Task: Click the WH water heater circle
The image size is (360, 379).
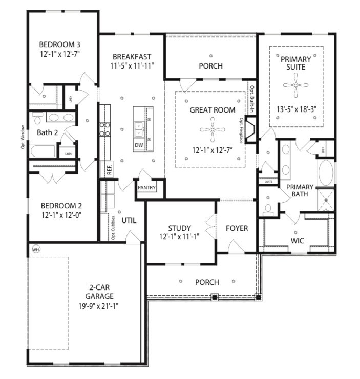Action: click(35, 249)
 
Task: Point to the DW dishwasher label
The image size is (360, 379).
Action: click(138, 145)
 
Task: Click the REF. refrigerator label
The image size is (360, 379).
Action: click(110, 170)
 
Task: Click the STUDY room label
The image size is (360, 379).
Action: click(179, 228)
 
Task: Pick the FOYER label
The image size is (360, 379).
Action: click(237, 228)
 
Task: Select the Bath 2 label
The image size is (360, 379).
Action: click(48, 133)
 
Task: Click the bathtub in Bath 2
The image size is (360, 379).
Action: click(44, 151)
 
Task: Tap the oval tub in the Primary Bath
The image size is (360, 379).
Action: click(326, 173)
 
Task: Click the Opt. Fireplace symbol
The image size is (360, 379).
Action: click(250, 130)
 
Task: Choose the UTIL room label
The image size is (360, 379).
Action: click(129, 220)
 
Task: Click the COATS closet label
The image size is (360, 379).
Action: click(268, 182)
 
